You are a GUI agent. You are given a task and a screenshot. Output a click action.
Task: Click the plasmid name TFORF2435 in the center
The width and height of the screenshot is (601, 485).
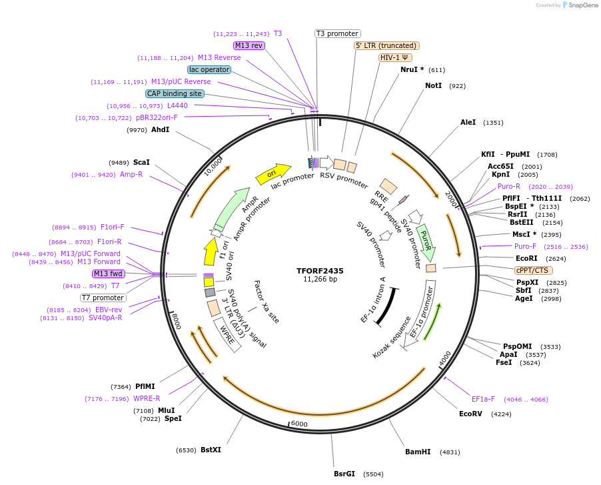[x=320, y=271]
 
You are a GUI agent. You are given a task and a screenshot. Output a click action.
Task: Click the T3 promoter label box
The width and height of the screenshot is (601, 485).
[x=337, y=33]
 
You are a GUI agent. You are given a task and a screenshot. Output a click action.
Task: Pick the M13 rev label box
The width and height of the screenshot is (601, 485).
[x=249, y=45]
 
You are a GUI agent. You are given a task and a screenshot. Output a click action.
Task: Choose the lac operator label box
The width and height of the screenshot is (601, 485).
[x=209, y=69]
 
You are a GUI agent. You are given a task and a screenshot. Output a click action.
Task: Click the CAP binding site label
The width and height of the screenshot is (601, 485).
[x=175, y=93]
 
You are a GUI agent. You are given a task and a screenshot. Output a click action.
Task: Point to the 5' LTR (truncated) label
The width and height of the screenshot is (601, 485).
[x=386, y=45]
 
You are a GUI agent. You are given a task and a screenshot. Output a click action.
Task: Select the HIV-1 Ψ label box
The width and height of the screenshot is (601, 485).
[x=396, y=57]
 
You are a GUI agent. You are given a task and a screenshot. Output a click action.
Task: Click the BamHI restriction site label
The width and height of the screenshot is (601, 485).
[x=418, y=452]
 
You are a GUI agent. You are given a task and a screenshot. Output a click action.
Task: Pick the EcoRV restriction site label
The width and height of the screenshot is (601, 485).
[x=470, y=414]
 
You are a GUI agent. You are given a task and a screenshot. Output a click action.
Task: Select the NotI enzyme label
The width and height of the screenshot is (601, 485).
[x=433, y=85]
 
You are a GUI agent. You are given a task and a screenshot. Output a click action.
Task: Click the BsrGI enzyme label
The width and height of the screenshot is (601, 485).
[x=344, y=474]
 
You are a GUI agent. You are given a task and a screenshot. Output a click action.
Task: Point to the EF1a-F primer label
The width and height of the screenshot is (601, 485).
[x=483, y=399]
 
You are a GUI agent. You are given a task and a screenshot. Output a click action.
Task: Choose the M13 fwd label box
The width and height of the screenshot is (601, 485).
[x=108, y=274]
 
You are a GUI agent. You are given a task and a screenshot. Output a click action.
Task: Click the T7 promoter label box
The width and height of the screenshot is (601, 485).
[x=103, y=298]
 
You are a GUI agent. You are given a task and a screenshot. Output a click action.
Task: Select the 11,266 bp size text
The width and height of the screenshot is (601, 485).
[x=320, y=279]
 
